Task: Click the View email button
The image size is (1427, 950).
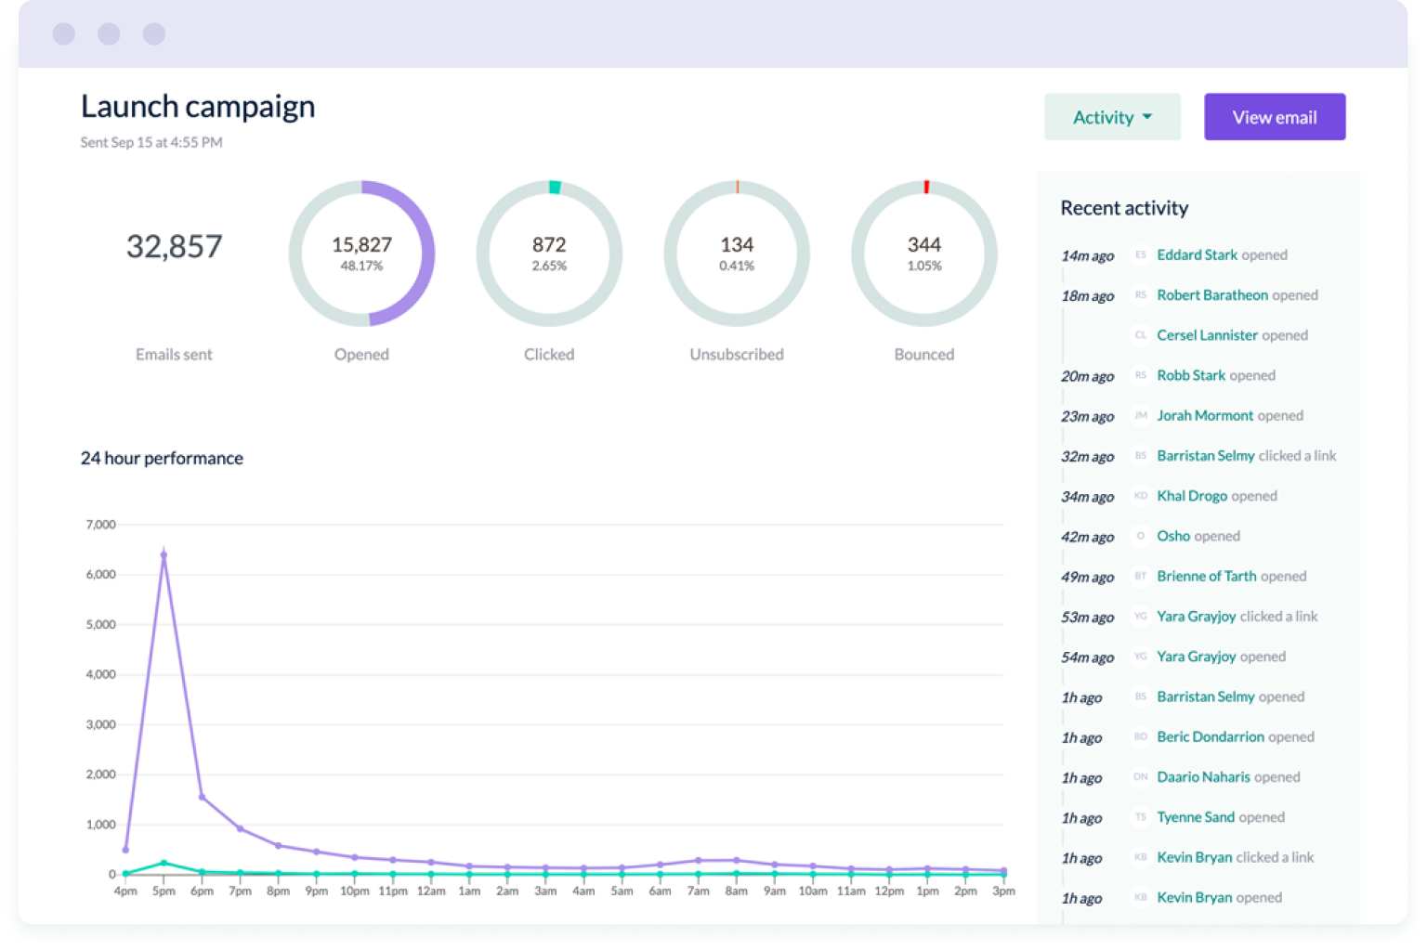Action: pyautogui.click(x=1274, y=117)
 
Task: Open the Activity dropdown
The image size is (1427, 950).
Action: pyautogui.click(x=1112, y=117)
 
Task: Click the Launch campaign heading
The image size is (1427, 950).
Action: pyautogui.click(x=198, y=107)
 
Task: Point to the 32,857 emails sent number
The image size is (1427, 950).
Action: pyautogui.click(x=175, y=246)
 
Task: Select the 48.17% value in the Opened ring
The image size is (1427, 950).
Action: pyautogui.click(x=361, y=267)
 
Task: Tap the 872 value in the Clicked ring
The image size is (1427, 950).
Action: pyautogui.click(x=549, y=244)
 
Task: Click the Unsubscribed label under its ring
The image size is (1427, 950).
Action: pyautogui.click(x=736, y=355)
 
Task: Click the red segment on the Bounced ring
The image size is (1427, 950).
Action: pyautogui.click(x=926, y=187)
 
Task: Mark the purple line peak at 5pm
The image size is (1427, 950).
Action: pyautogui.click(x=164, y=555)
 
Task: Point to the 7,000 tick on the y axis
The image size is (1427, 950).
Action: pyautogui.click(x=100, y=525)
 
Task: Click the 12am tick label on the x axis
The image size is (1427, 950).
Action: pyautogui.click(x=431, y=891)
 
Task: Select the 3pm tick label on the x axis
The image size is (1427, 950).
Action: pyautogui.click(x=1003, y=891)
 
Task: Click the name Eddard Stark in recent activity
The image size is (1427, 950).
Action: pyautogui.click(x=1197, y=255)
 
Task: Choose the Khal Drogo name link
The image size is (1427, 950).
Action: pyautogui.click(x=1192, y=496)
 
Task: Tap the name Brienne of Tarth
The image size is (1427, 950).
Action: pyautogui.click(x=1206, y=577)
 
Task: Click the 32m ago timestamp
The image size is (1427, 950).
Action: pyautogui.click(x=1087, y=457)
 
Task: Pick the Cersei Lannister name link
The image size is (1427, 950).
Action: pyautogui.click(x=1207, y=335)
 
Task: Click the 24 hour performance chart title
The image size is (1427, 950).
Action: pyautogui.click(x=162, y=459)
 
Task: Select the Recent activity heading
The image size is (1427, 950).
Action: pyautogui.click(x=1124, y=208)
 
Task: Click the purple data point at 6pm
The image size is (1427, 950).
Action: pyautogui.click(x=202, y=797)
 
